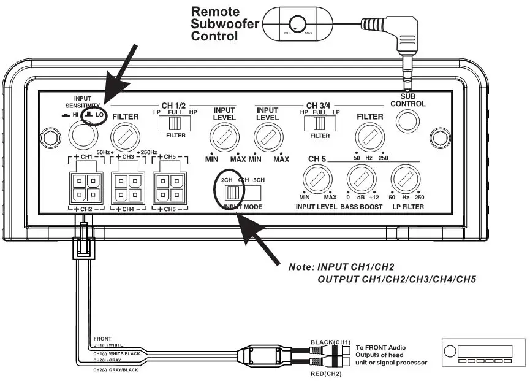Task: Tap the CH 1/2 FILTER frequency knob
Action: tap(125, 133)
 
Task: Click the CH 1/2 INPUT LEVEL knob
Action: tap(224, 137)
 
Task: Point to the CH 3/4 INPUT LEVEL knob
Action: tap(268, 137)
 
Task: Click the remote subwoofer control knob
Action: tap(297, 23)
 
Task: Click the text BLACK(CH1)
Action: tap(331, 341)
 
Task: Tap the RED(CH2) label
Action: tap(324, 374)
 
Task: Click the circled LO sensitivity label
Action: tap(94, 115)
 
